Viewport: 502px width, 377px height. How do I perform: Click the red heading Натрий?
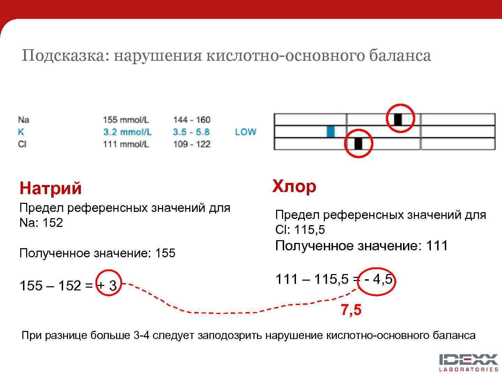click(x=51, y=188)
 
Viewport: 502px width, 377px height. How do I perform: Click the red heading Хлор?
click(x=294, y=186)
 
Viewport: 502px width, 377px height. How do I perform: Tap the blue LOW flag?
click(x=245, y=132)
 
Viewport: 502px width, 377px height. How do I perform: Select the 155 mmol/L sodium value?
click(x=125, y=120)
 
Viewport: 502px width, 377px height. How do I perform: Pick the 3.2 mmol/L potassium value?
click(x=127, y=132)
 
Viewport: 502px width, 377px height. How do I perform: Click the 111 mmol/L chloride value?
click(x=125, y=144)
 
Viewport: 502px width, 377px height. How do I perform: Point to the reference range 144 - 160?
click(x=192, y=120)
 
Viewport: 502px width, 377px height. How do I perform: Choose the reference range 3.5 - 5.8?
click(x=191, y=132)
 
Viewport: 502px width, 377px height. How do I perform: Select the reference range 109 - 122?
click(x=192, y=144)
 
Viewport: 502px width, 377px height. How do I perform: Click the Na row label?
click(x=23, y=120)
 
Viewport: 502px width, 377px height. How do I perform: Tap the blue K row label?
click(x=21, y=132)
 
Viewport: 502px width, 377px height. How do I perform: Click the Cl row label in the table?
click(x=22, y=144)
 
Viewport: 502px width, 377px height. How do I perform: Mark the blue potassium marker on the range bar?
click(x=330, y=132)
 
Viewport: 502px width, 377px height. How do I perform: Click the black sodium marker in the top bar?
click(x=398, y=119)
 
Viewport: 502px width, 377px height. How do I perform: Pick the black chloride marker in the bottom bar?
click(x=358, y=143)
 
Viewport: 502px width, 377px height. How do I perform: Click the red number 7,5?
click(x=351, y=310)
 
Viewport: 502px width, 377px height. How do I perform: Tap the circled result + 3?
click(x=108, y=286)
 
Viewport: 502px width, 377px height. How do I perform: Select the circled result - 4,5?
click(x=378, y=279)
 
